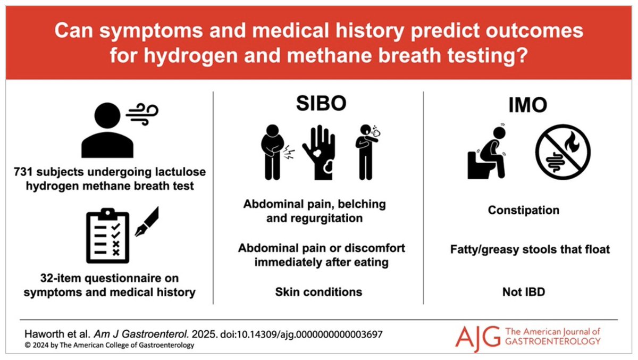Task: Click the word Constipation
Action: point(524,210)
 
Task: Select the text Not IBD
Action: point(523,292)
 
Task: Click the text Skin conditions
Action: point(318,292)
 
